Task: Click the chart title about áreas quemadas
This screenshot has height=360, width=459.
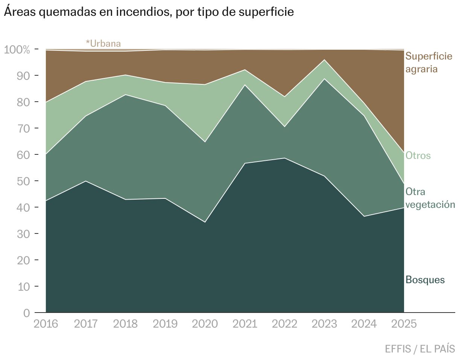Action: [149, 12]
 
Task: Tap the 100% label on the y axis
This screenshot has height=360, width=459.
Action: [17, 49]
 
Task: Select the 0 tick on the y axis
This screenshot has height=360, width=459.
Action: [26, 313]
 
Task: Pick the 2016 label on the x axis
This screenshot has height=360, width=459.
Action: [46, 324]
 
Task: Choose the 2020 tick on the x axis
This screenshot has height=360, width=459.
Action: [205, 324]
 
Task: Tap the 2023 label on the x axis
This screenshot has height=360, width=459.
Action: [324, 324]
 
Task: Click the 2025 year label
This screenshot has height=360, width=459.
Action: [404, 324]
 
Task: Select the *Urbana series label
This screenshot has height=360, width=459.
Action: [103, 43]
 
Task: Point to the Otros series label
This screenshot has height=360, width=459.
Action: [418, 156]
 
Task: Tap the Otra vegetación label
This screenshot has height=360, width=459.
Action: [430, 198]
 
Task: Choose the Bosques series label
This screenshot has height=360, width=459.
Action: [425, 280]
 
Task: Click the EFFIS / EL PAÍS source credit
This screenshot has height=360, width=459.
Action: [420, 349]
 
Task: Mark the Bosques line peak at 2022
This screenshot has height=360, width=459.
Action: [284, 158]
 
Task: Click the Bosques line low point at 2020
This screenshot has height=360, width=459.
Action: [205, 222]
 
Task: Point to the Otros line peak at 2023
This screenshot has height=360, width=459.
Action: [324, 60]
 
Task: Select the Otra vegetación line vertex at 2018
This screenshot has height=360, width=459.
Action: [125, 95]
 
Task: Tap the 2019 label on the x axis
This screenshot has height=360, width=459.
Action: [165, 324]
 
